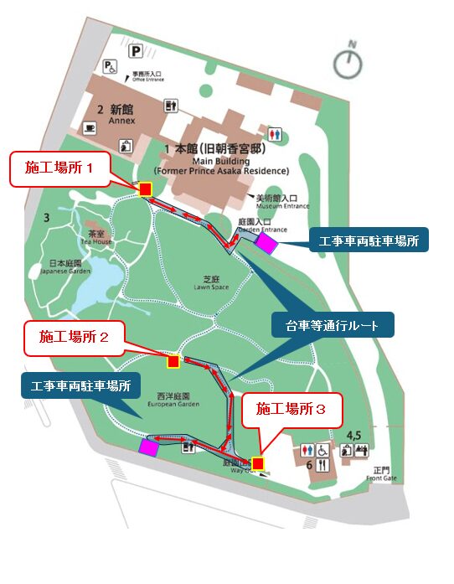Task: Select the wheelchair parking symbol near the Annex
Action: [x=110, y=65]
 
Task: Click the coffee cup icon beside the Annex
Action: [x=90, y=127]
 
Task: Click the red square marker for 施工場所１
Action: [x=145, y=189]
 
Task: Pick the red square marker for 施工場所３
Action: [x=258, y=463]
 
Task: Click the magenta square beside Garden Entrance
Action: [x=266, y=243]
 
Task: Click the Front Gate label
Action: [x=383, y=475]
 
